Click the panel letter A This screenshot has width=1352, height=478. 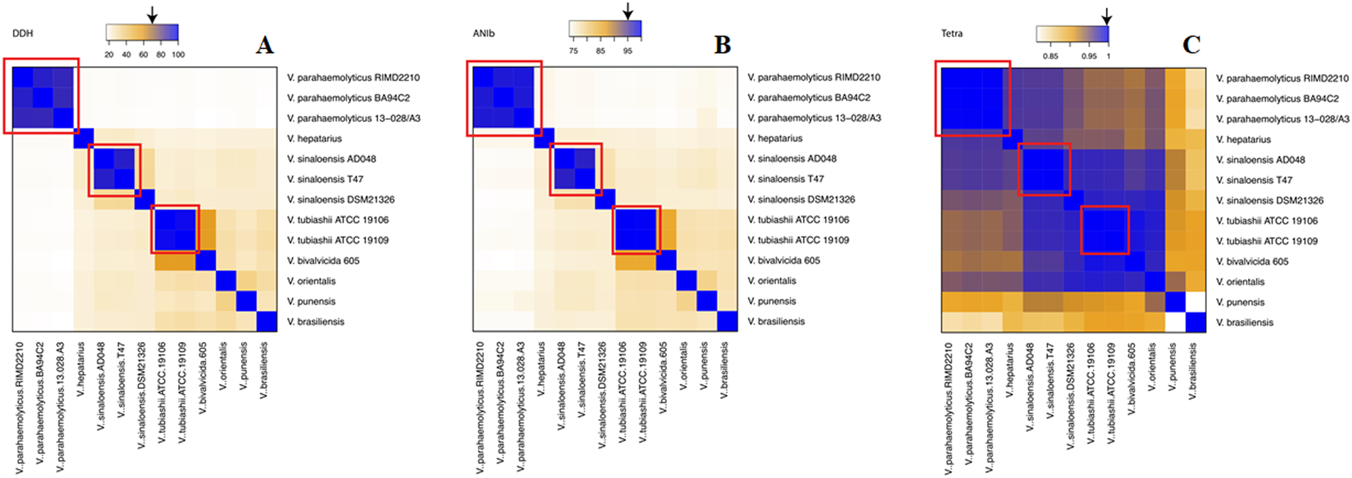coord(265,46)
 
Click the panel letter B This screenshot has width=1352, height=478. coord(722,45)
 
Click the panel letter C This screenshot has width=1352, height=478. coord(1191,45)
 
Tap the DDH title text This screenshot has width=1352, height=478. coord(23,33)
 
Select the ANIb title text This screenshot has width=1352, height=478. coord(484,33)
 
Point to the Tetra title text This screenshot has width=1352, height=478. coord(952,33)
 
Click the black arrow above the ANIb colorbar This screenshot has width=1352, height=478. coord(627,11)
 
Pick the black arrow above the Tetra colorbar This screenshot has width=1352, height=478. coord(1107,16)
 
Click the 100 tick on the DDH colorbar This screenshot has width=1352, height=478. coord(178,55)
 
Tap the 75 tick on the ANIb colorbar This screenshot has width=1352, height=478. coord(574,51)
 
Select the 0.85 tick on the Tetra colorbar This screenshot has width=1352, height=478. coord(1050,56)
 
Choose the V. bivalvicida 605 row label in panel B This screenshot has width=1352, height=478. coord(783,261)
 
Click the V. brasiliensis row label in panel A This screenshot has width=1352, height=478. coord(315,322)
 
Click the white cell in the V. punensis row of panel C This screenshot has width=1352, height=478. coord(1195,302)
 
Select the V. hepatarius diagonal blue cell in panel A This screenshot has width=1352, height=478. coord(83,139)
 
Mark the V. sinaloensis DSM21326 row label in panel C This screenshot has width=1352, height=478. coord(1269,201)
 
